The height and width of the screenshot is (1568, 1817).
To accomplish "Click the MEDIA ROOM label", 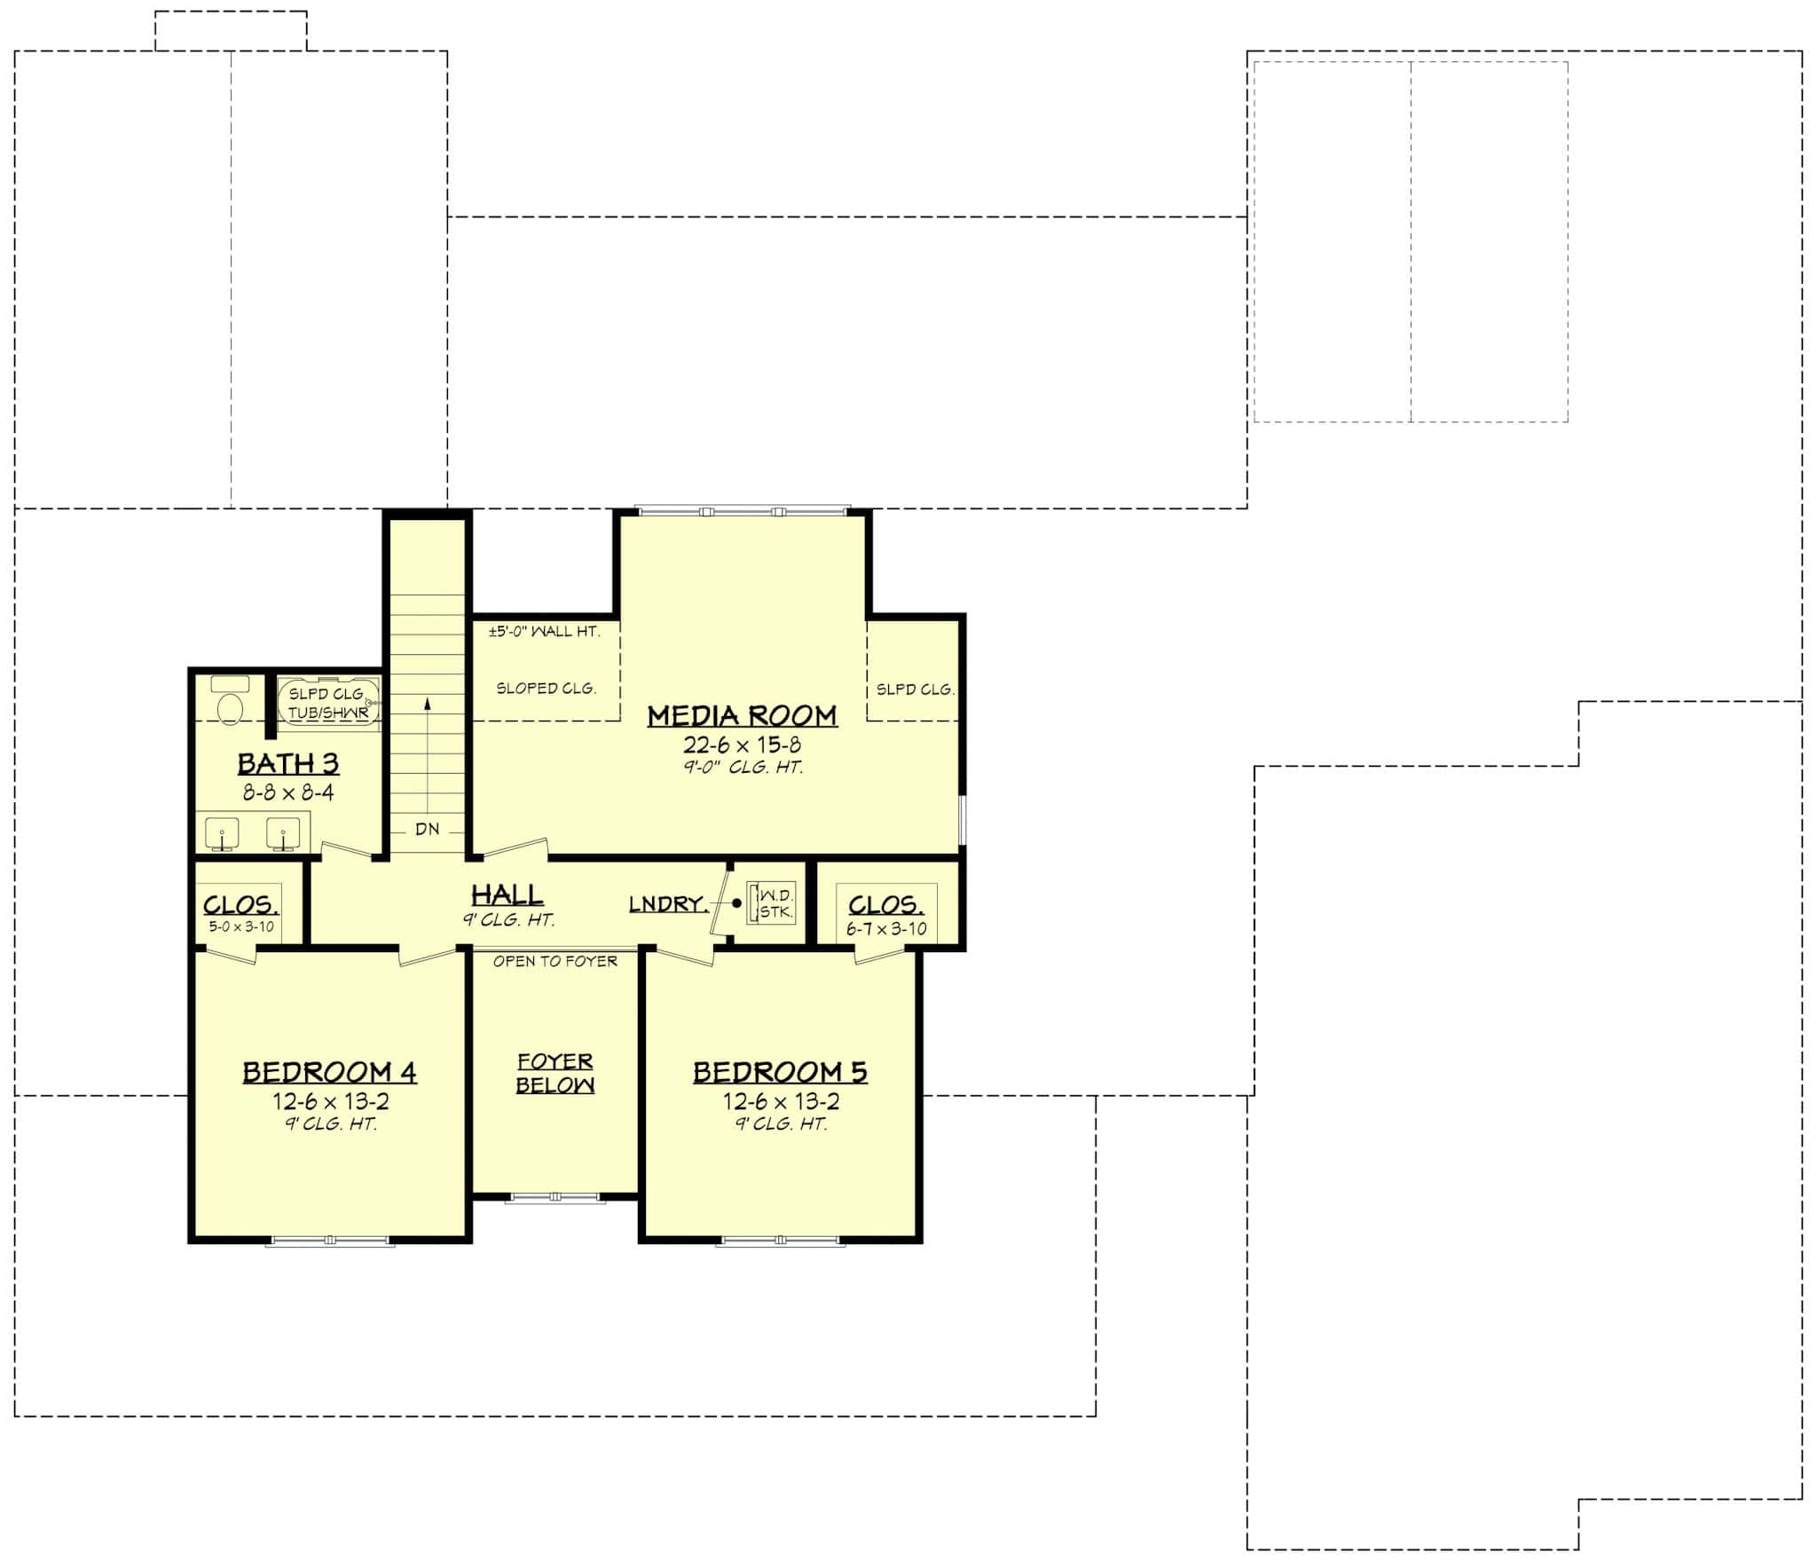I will tap(742, 715).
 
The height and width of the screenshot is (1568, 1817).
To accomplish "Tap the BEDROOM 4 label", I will tap(329, 1072).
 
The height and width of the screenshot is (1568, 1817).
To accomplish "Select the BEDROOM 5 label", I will tap(780, 1072).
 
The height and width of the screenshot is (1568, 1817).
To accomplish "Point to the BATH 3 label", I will tap(287, 763).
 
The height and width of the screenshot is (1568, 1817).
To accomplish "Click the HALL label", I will tap(507, 894).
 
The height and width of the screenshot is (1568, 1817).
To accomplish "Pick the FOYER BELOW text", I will tap(555, 1073).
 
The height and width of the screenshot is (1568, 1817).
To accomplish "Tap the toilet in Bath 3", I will tap(231, 706).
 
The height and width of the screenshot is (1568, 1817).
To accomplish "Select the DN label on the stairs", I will tap(428, 830).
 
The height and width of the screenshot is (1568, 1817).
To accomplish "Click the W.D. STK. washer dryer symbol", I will tap(770, 903).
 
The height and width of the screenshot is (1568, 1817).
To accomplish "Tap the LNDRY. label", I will tap(668, 904).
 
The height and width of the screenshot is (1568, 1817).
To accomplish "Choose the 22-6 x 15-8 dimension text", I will tap(742, 745).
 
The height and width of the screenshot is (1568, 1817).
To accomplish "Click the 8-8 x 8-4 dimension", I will tap(288, 792).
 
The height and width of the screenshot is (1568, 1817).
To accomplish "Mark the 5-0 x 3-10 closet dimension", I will tap(241, 926).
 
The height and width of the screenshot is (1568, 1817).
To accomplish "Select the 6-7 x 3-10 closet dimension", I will tap(886, 928).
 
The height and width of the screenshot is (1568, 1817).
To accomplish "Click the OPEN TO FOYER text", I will tap(555, 961).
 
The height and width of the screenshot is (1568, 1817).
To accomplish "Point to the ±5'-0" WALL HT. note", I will tap(544, 632).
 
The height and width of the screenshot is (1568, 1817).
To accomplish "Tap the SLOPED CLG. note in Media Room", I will tap(546, 688).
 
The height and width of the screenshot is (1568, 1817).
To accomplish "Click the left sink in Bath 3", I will tap(222, 833).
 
